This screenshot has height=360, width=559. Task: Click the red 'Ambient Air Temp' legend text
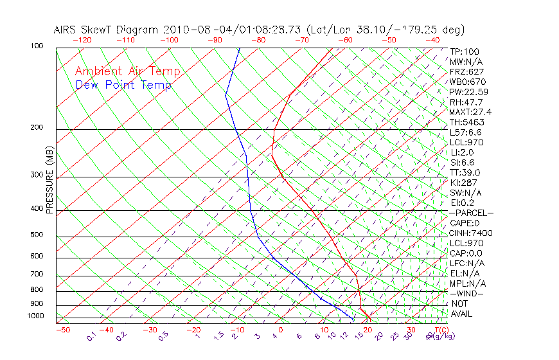coord(128,71)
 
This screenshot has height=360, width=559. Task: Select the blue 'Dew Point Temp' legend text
coord(123,85)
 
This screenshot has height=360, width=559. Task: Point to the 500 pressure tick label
coord(37,235)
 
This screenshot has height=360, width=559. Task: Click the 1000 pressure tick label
coord(35,316)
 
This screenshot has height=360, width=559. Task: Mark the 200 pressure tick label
coord(37,128)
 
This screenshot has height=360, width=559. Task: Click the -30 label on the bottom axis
coord(150,330)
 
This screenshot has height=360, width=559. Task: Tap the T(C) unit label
coord(439,330)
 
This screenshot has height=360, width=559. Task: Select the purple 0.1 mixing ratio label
coord(91,336)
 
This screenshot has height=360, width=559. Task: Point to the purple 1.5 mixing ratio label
coord(220,336)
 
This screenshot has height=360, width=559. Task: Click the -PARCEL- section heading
coord(472,213)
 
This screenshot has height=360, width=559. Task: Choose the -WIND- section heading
coord(467,294)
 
